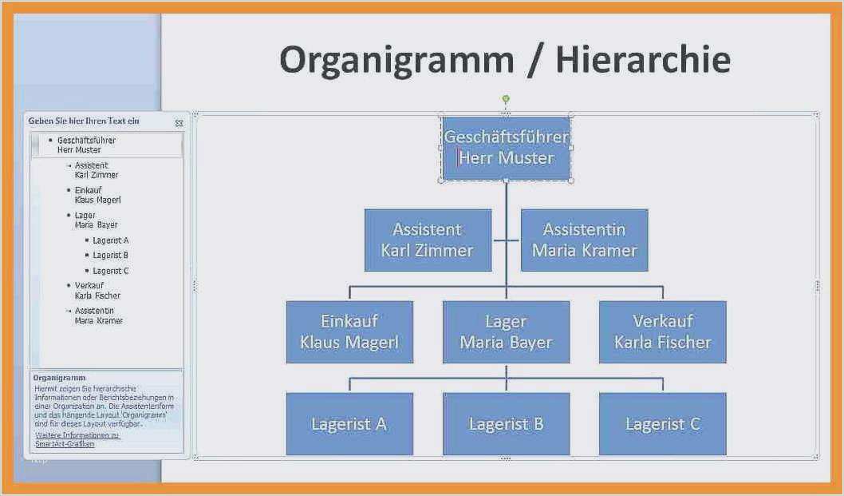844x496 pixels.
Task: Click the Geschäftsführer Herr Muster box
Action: [506, 148]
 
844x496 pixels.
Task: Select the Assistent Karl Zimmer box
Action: [428, 240]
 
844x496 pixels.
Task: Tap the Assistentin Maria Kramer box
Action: [584, 240]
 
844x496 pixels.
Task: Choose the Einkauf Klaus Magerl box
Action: [349, 331]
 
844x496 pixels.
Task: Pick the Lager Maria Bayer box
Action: [506, 331]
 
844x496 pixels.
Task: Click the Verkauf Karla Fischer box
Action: [662, 331]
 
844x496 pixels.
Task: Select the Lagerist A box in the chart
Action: [349, 424]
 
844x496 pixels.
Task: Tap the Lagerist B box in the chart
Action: [506, 424]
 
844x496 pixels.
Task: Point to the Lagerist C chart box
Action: [662, 424]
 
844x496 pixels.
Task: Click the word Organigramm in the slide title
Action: [396, 61]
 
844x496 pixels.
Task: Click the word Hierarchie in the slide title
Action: [642, 61]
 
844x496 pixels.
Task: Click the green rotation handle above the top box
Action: [506, 99]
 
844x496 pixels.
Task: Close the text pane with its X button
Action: [179, 123]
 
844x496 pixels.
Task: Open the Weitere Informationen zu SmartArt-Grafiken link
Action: [77, 439]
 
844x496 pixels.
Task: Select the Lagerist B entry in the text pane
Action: [110, 256]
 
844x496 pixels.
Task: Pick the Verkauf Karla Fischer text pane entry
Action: [97, 291]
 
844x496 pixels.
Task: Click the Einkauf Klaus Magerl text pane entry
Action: [97, 195]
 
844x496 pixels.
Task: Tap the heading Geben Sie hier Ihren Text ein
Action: [84, 121]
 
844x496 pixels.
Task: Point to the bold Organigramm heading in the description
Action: [60, 378]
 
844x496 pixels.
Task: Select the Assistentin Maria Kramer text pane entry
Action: [99, 315]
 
